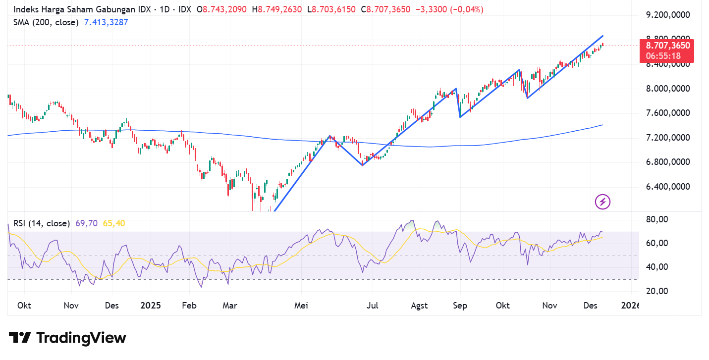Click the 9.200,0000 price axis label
pyautogui.click(x=668, y=15)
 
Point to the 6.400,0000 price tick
pyautogui.click(x=668, y=187)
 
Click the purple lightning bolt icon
pyautogui.click(x=602, y=202)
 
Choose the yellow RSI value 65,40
pyautogui.click(x=114, y=223)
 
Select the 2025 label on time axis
pyautogui.click(x=151, y=306)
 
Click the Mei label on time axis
pyautogui.click(x=301, y=306)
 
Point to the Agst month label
pyautogui.click(x=419, y=306)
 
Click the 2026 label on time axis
pyautogui.click(x=630, y=306)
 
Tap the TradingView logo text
pyautogui.click(x=81, y=338)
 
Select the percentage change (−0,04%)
pyautogui.click(x=466, y=9)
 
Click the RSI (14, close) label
pyautogui.click(x=41, y=223)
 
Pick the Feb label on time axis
pyautogui.click(x=189, y=306)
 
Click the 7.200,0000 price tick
pyautogui.click(x=668, y=137)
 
